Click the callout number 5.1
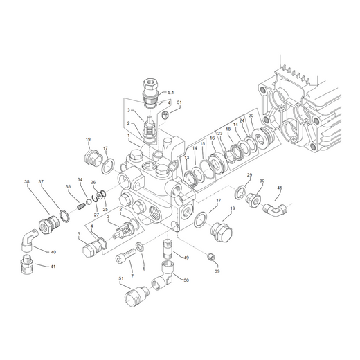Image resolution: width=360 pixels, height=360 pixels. point(171,93)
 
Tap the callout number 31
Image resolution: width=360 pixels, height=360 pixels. point(179,102)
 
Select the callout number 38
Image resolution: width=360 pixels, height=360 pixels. point(27,181)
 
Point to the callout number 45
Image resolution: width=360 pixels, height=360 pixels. point(280,188)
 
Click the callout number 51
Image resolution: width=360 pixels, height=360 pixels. point(121,278)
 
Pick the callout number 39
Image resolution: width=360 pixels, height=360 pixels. point(217,271)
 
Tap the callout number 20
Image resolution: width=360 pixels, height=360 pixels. point(251,116)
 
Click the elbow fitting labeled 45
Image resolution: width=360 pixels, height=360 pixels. point(275,209)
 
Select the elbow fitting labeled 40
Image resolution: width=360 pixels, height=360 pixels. point(28,240)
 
